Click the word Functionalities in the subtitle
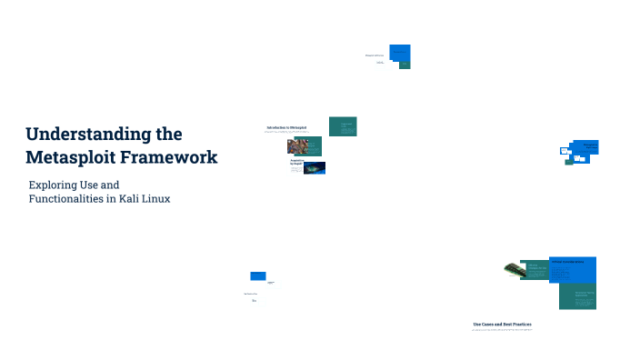point(70,199)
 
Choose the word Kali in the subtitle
point(135,199)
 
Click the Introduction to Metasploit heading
point(286,127)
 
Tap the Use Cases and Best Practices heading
point(502,324)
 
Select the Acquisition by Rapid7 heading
point(296,162)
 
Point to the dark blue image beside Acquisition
point(315,167)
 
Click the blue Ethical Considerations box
point(574,269)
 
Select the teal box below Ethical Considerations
point(577,296)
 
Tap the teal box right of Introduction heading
point(343,126)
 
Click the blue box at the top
point(399,53)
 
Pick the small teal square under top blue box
point(405,65)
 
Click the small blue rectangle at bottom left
point(258,275)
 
